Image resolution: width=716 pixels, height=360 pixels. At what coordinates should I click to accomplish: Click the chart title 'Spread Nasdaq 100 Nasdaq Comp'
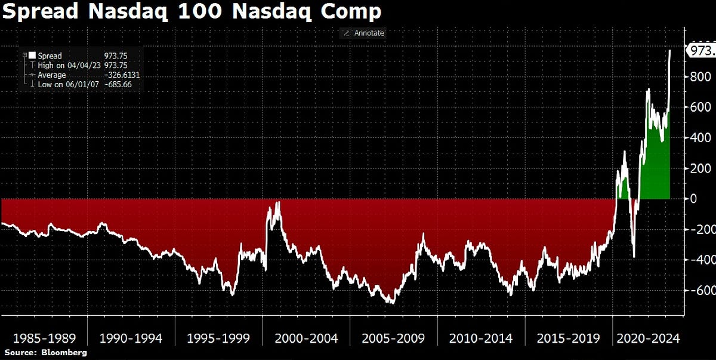click(x=192, y=12)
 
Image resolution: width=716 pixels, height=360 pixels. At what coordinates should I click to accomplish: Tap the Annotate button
click(x=363, y=33)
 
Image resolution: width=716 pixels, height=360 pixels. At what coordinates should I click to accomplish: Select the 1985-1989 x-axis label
click(x=44, y=339)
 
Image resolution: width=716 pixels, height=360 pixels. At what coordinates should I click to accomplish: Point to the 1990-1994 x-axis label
click(x=131, y=339)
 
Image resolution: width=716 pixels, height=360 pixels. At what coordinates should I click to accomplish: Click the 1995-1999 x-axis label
click(x=218, y=339)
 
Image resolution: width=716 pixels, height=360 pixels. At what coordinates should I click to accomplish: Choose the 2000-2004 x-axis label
click(x=306, y=339)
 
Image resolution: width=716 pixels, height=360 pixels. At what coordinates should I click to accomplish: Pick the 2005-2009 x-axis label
click(x=394, y=339)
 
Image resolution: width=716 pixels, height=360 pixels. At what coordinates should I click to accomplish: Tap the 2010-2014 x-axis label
click(x=481, y=339)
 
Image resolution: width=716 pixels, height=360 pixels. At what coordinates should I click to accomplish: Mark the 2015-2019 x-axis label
click(x=569, y=339)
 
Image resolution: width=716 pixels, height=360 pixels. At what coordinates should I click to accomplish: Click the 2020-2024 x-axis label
click(x=647, y=339)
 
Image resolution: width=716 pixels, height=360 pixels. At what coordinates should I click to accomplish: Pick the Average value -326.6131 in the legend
click(x=122, y=75)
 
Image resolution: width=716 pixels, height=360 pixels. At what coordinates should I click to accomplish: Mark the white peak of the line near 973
click(x=669, y=51)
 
